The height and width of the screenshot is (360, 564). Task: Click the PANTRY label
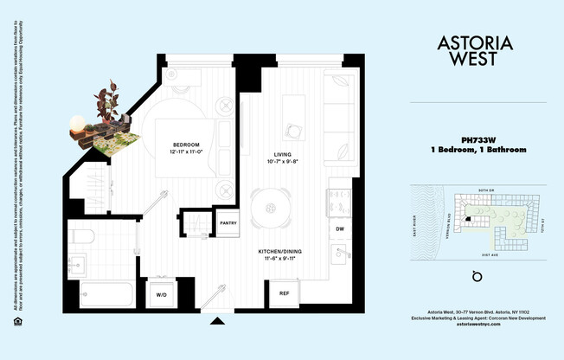pos(228,223)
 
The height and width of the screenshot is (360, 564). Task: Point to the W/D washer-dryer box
pos(161,295)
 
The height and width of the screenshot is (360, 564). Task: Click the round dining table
pos(271,208)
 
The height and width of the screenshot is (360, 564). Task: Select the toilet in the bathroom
pos(84,235)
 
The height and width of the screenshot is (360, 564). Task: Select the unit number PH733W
pos(477,139)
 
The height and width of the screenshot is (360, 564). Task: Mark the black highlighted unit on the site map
pos(468,219)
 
